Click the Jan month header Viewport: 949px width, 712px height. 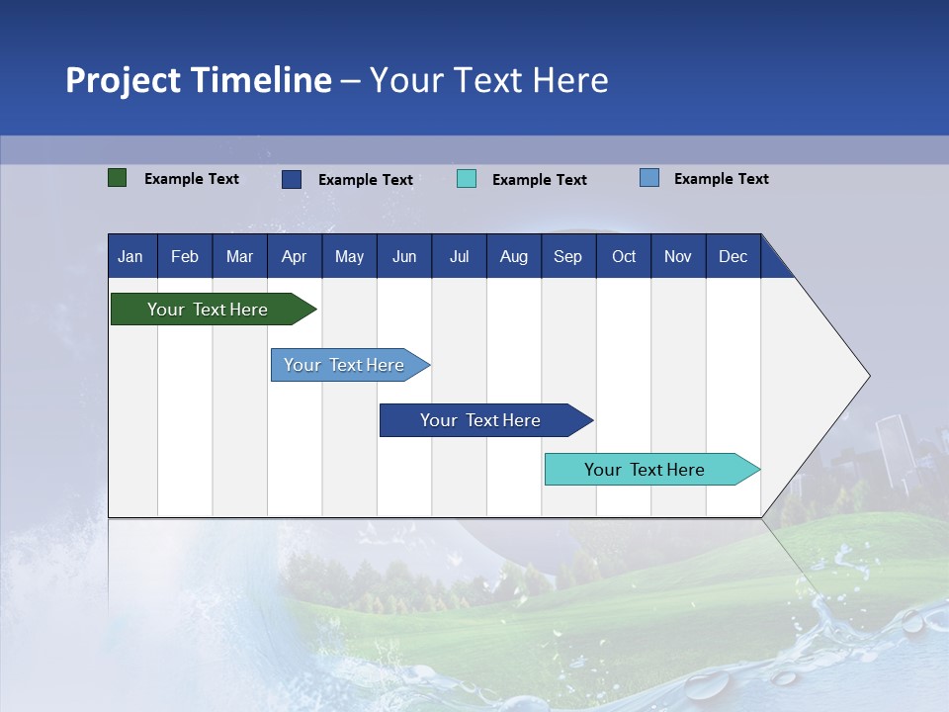pos(130,256)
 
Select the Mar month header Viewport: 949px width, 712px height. pos(239,256)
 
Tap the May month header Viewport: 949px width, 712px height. pos(349,256)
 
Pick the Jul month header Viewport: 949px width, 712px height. pos(459,256)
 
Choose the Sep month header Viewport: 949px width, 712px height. pos(567,256)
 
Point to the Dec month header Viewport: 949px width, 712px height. pos(733,256)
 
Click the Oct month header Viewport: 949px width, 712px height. pos(624,256)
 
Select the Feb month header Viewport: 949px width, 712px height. pos(185,256)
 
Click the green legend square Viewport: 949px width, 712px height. pos(117,178)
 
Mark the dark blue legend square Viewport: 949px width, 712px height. pos(292,179)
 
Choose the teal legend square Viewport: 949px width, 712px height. pos(467,179)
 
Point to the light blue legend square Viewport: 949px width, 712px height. pos(648,178)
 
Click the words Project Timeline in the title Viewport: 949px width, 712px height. pos(199,80)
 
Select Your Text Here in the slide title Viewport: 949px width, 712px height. pos(489,80)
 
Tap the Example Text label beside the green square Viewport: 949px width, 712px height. pos(192,179)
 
